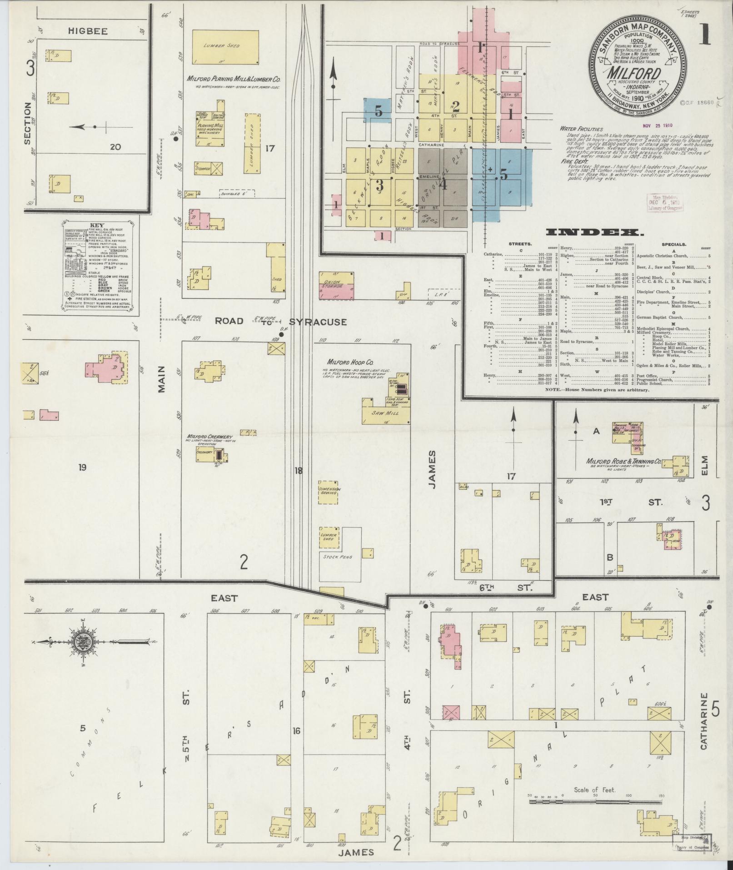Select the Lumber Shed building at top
pos(225,47)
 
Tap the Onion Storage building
pos(336,286)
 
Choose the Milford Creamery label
pos(207,437)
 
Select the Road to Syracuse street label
pos(280,322)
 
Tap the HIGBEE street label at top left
pos(88,31)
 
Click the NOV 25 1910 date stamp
pos(657,125)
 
